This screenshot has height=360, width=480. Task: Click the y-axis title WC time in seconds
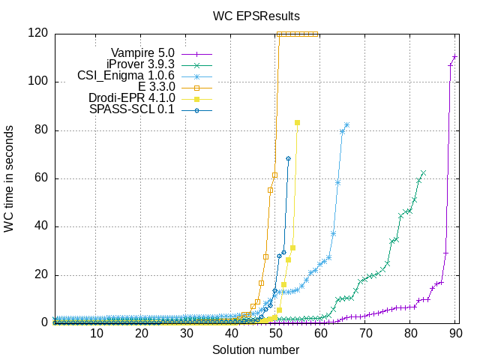point(9,178)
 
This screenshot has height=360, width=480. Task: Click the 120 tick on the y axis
point(39,33)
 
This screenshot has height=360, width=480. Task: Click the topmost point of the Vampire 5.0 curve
point(455,57)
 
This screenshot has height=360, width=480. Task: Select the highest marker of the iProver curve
point(424,172)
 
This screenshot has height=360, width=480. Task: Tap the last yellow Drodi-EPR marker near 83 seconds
point(298,122)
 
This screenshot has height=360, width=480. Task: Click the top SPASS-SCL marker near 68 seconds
point(288,159)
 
